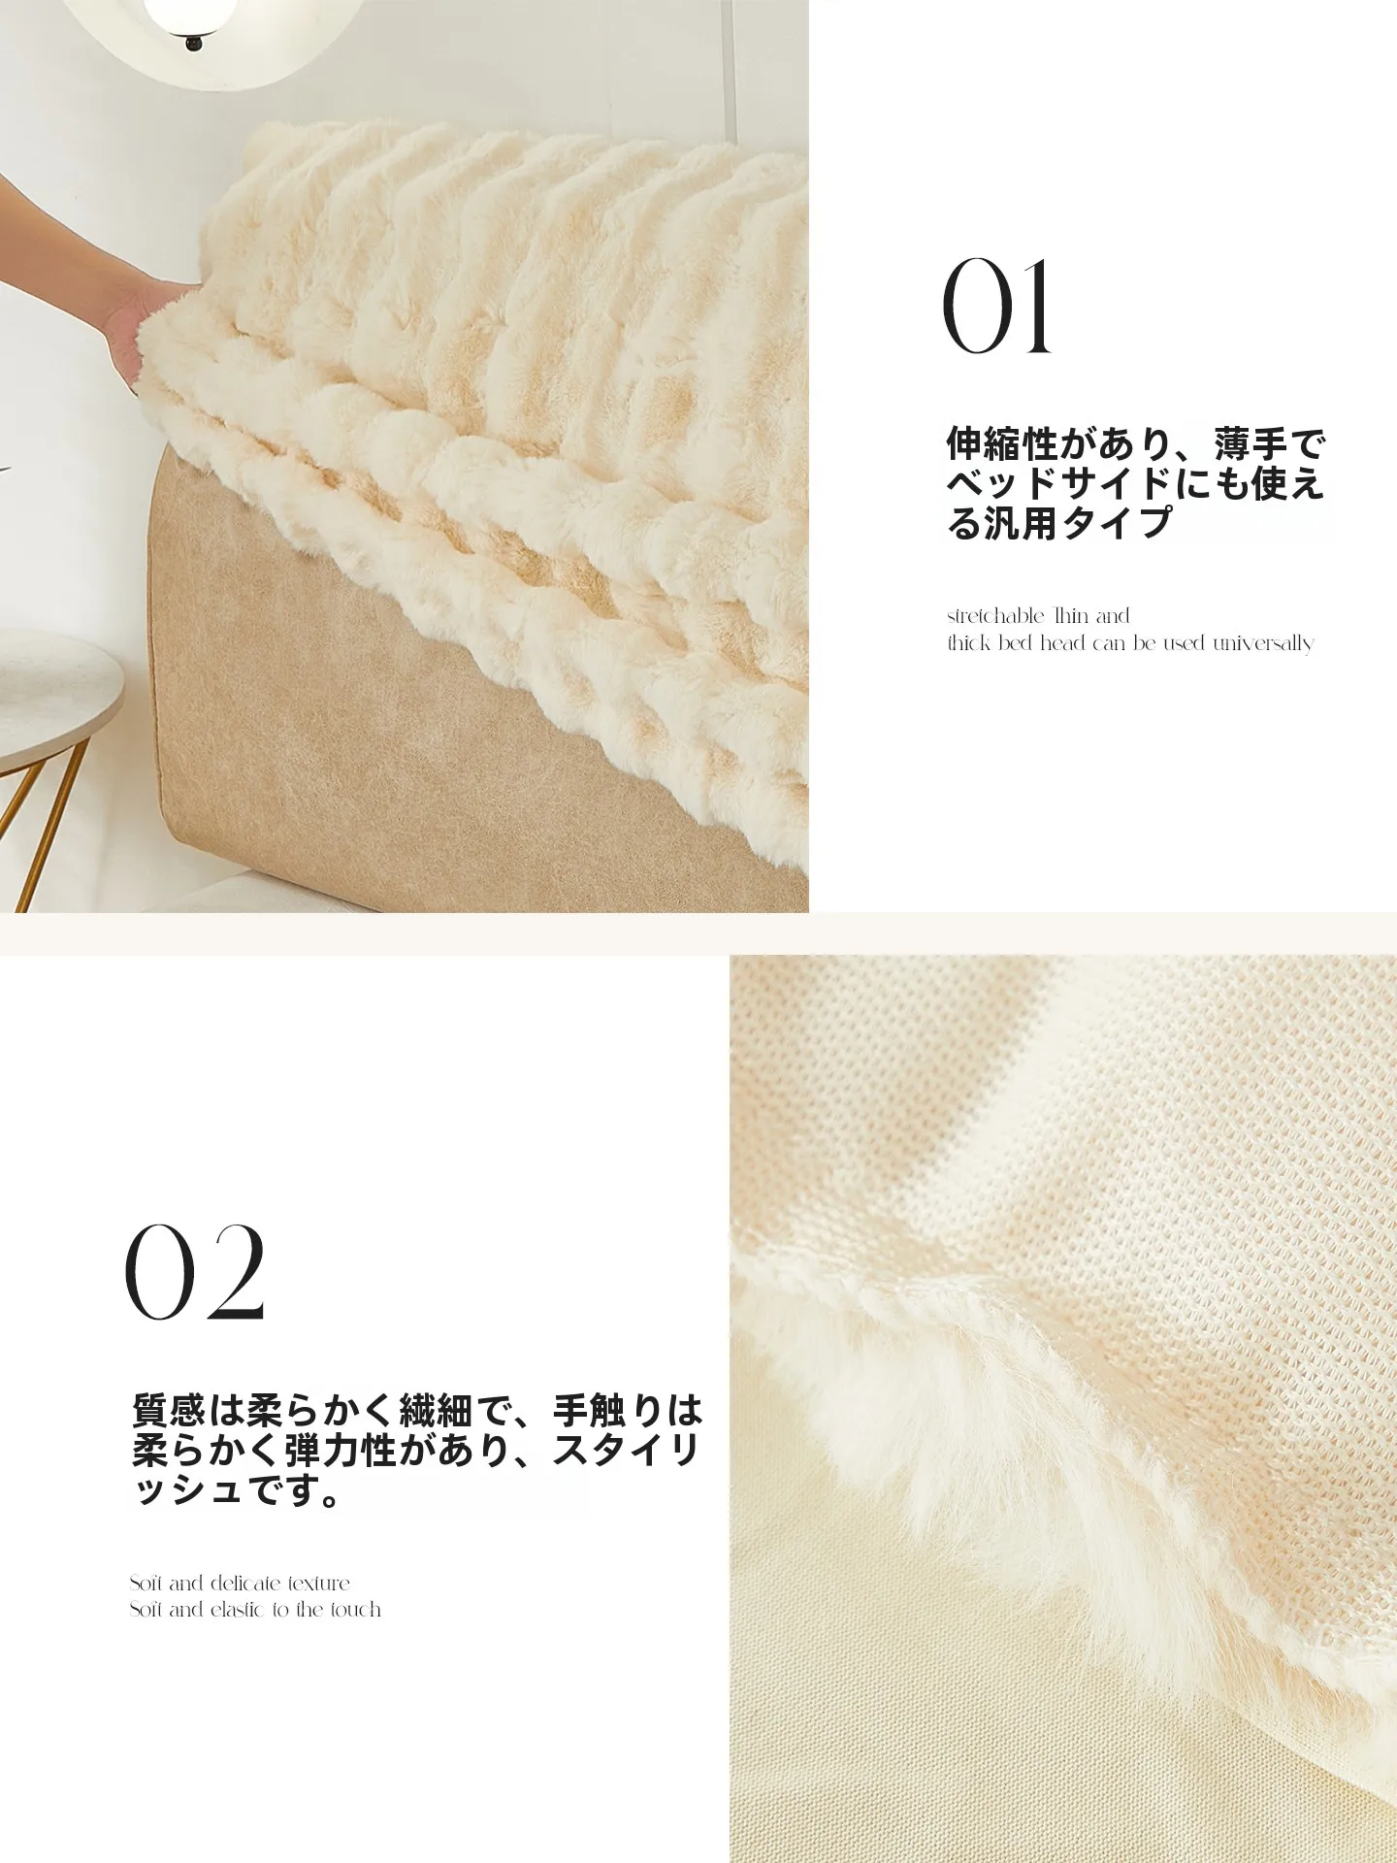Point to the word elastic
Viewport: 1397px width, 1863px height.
238,1610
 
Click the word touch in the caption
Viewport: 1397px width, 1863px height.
355,1610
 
